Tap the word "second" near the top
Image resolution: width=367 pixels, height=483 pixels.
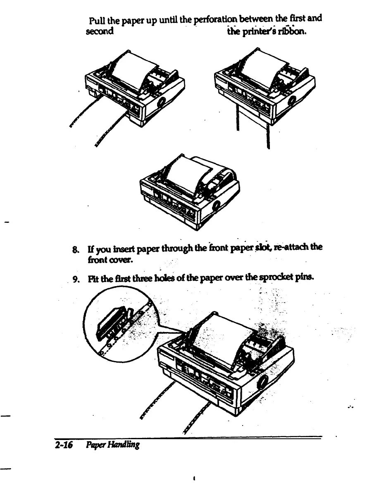[100, 31]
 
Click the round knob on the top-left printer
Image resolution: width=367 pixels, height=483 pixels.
[161, 99]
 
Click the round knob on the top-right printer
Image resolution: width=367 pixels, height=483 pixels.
[292, 100]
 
